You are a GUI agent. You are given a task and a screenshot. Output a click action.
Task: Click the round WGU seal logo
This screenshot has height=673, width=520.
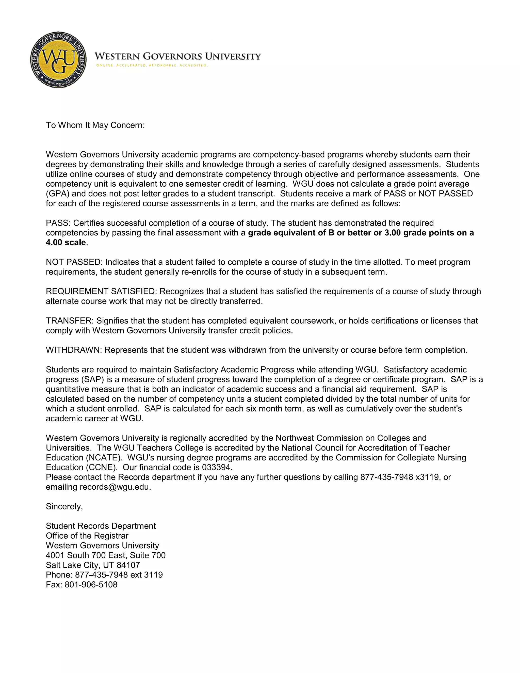click(59, 59)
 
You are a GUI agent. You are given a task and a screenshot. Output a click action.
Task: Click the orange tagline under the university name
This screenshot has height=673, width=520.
click(152, 65)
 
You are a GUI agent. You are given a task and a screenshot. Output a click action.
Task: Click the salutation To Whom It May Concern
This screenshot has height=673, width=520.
click(95, 125)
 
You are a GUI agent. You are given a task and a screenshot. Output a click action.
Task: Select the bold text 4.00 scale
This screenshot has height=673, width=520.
click(66, 243)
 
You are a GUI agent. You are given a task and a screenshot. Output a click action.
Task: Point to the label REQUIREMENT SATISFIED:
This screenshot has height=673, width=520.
click(101, 291)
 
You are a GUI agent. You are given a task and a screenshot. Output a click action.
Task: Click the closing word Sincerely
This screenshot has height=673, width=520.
click(64, 506)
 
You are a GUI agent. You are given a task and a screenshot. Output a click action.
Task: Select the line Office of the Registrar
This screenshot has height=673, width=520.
click(87, 536)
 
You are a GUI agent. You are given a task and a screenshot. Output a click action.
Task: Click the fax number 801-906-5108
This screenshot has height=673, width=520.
click(91, 585)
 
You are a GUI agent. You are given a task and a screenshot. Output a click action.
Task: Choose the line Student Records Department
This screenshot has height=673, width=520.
click(101, 526)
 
